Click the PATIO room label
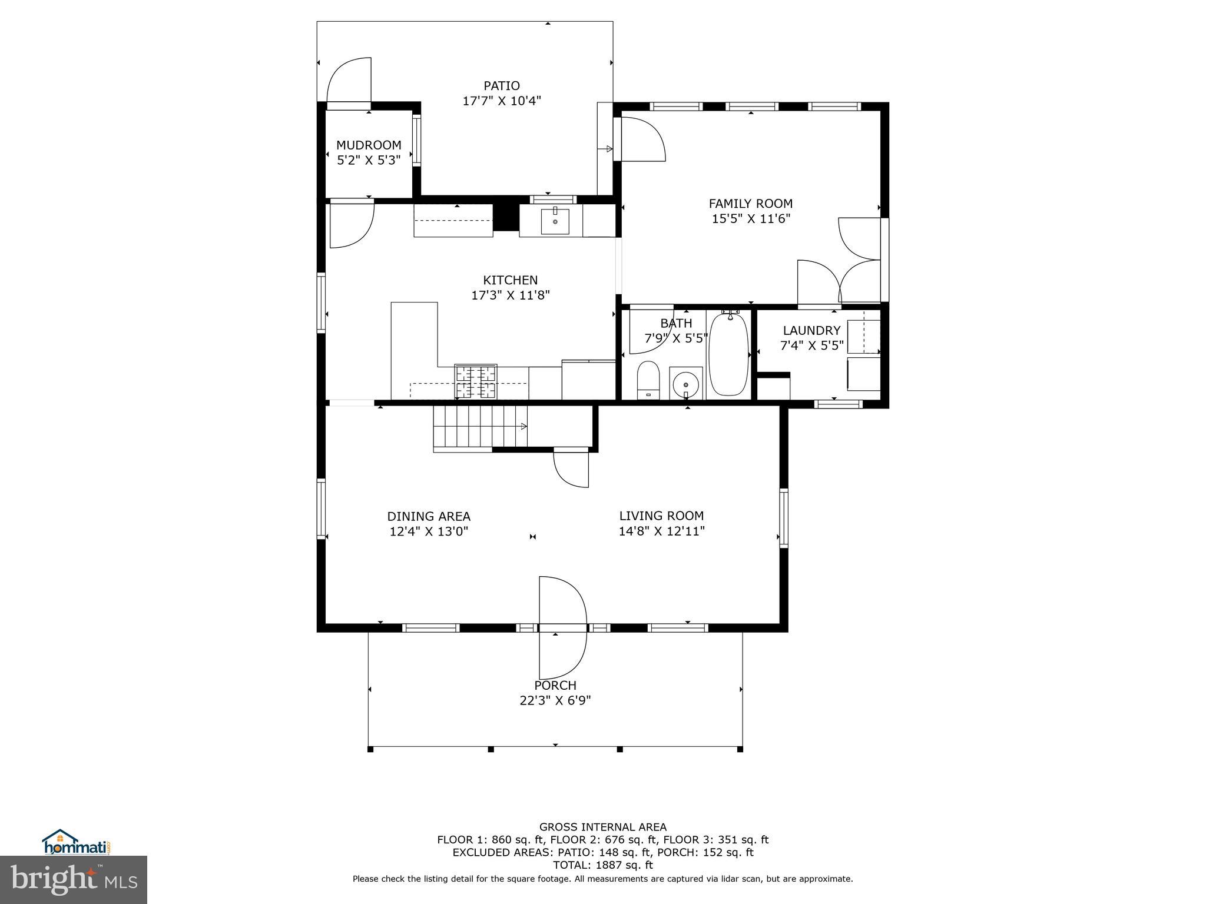pyautogui.click(x=502, y=86)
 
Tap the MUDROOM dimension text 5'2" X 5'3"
pyautogui.click(x=369, y=160)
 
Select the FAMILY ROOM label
pyautogui.click(x=750, y=204)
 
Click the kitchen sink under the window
pyautogui.click(x=555, y=221)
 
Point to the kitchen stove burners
pyautogui.click(x=475, y=381)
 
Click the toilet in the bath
pyautogui.click(x=648, y=380)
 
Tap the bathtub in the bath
pyautogui.click(x=728, y=355)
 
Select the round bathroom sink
pyautogui.click(x=685, y=384)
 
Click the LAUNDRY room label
pyautogui.click(x=811, y=331)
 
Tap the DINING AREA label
pyautogui.click(x=428, y=517)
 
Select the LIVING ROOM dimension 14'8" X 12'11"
pyautogui.click(x=661, y=531)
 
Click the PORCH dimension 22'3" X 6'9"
pyautogui.click(x=555, y=701)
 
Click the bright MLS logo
pyautogui.click(x=74, y=879)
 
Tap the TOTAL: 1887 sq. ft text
pyautogui.click(x=602, y=865)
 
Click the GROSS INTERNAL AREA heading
pyautogui.click(x=602, y=827)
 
